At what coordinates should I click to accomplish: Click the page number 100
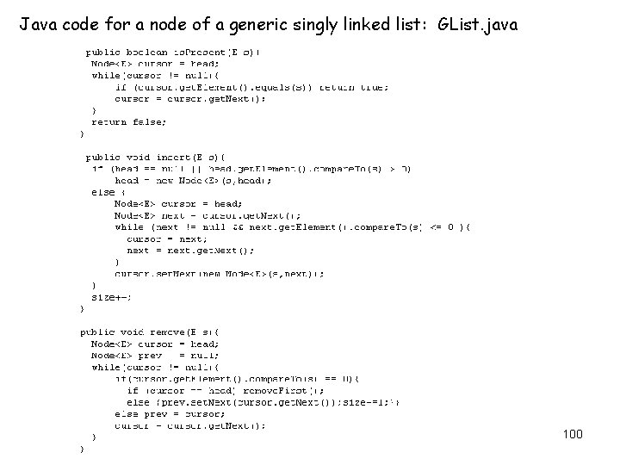[573, 434]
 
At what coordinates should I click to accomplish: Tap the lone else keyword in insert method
[101, 192]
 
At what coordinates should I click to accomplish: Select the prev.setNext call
[181, 401]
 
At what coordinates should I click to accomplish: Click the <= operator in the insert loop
[438, 226]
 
